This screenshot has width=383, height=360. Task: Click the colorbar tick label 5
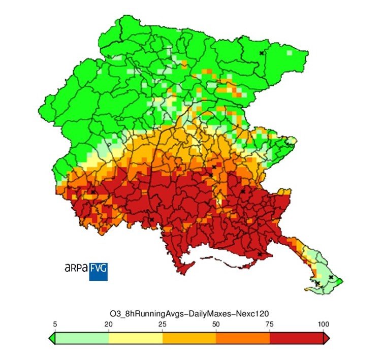[54, 324]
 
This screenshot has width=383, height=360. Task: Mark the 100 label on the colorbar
[324, 324]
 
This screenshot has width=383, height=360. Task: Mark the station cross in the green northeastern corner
[262, 53]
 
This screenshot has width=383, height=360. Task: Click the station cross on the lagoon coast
[260, 254]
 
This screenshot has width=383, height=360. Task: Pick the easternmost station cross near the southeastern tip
[331, 277]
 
